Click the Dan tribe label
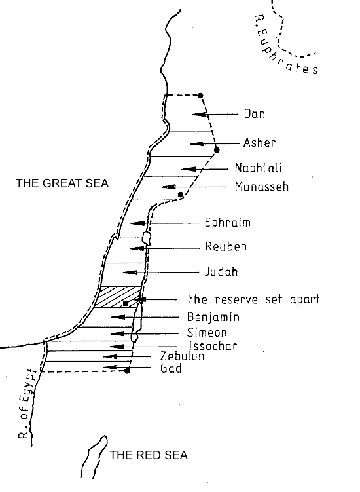point(255,113)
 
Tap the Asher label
point(260,143)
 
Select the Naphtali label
point(259,168)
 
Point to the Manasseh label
point(262,187)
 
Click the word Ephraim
point(227,223)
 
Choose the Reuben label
point(226,246)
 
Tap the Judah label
point(221,271)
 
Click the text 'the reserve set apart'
point(254,299)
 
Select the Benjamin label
point(213,317)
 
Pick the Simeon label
point(207,332)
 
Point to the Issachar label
point(213,346)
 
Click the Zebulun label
point(182,356)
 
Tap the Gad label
point(171,368)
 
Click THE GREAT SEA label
point(62,183)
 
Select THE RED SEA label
point(149,455)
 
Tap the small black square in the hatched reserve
point(126,303)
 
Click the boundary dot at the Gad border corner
point(128,371)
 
